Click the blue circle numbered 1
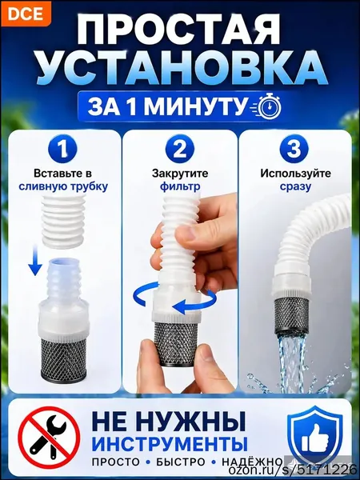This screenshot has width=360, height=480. (62, 150)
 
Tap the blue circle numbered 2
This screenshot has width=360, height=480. (180, 150)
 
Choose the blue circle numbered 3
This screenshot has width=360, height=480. (295, 150)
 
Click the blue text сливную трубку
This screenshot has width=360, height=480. (63, 186)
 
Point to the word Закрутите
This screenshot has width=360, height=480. (180, 174)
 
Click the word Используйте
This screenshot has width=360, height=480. (296, 174)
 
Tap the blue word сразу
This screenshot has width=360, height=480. (295, 186)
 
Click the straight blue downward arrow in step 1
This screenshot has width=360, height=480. (35, 259)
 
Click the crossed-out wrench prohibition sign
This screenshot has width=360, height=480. (49, 437)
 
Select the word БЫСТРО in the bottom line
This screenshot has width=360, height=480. (181, 462)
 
